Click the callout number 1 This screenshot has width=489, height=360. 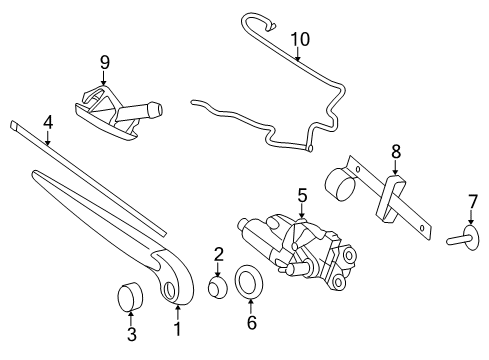(178, 328)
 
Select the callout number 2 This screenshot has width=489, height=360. (218, 254)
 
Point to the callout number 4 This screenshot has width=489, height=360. (46, 123)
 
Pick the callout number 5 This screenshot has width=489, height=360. (301, 196)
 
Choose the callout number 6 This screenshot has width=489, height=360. (252, 323)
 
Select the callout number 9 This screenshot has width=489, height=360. (102, 62)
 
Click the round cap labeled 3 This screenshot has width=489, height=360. (129, 297)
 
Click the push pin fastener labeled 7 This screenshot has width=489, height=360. (462, 239)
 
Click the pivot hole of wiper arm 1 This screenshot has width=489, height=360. (169, 290)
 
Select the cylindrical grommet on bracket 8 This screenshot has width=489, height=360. (344, 182)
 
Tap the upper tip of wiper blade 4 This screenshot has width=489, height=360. (16, 126)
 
